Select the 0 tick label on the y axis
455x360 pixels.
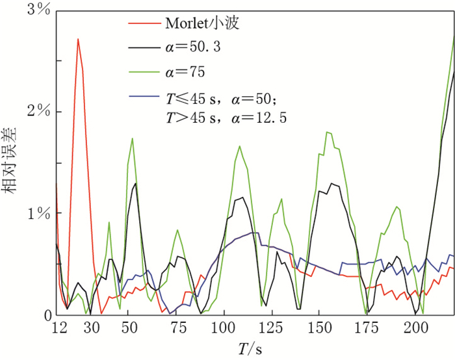click(46, 316)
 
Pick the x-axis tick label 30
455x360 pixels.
click(92, 329)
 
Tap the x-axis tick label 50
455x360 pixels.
click(128, 329)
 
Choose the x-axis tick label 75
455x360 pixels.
click(175, 329)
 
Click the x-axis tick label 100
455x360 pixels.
click(224, 329)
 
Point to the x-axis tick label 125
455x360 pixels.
click(271, 329)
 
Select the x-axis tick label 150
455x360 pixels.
click(319, 329)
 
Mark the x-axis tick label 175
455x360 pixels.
click(367, 329)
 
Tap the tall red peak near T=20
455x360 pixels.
click(78, 40)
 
